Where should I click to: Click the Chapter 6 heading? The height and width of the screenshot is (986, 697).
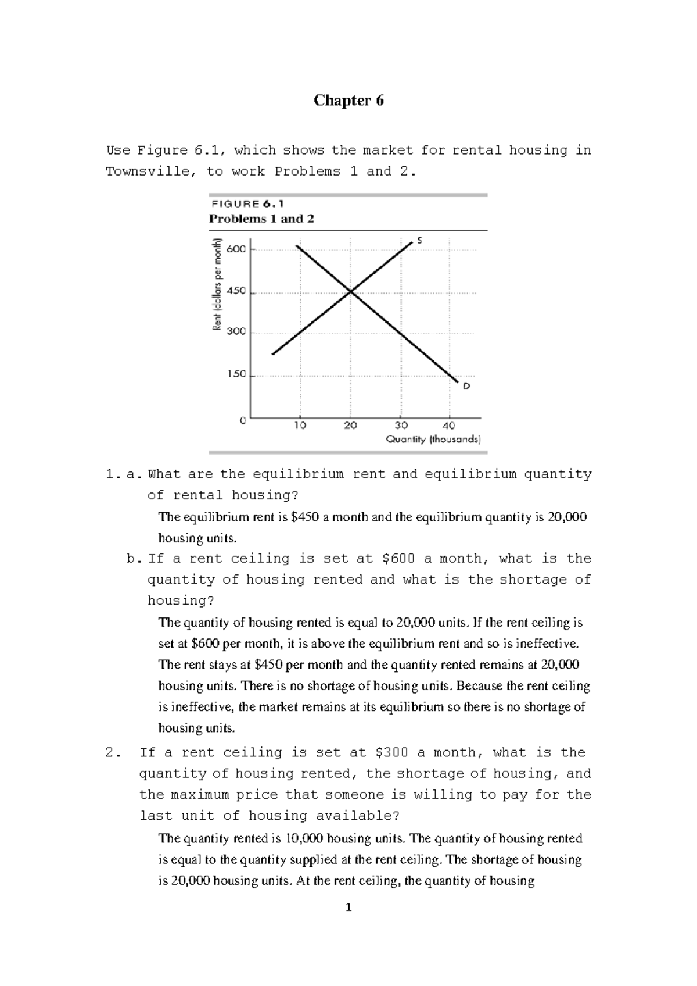[348, 101]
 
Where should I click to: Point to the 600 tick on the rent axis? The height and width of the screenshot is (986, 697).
[236, 249]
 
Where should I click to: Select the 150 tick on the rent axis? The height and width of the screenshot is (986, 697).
[236, 374]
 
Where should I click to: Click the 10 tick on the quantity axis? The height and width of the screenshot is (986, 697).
[300, 426]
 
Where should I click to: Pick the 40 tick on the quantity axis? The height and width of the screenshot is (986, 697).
[449, 426]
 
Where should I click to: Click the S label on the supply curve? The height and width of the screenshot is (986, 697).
[419, 240]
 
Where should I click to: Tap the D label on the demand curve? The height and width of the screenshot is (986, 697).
[466, 385]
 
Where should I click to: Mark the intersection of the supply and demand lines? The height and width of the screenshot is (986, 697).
[350, 291]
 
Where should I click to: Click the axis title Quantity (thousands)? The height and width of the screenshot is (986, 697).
[433, 440]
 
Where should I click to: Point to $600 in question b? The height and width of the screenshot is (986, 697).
[398, 559]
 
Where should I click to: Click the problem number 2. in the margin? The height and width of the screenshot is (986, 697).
[113, 753]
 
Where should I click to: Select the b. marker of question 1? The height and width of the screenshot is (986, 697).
[134, 559]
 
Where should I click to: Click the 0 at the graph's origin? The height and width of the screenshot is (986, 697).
[243, 420]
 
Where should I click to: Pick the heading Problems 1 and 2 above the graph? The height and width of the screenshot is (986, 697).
[261, 219]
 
